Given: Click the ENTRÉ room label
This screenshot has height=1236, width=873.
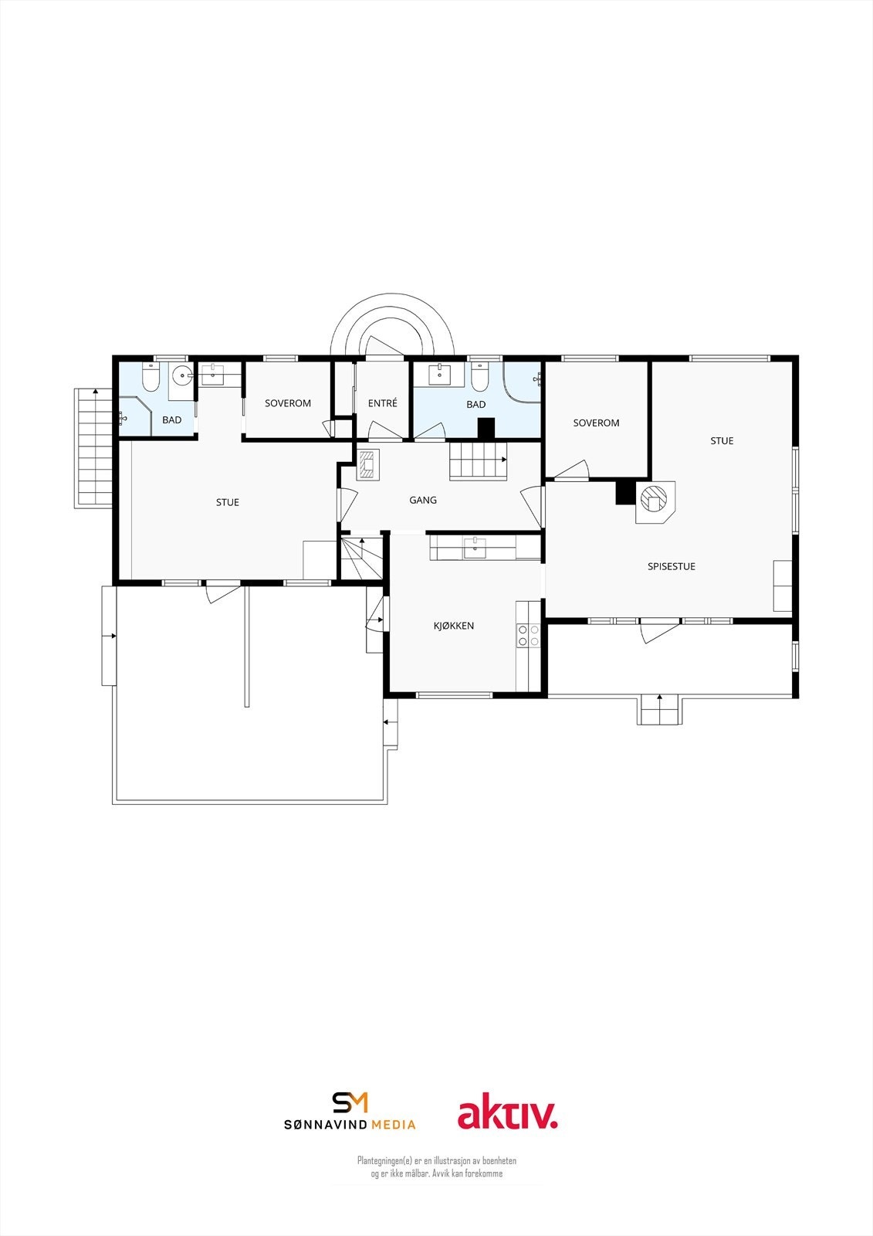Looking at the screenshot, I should (x=383, y=403).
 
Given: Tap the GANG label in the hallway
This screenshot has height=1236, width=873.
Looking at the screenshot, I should (x=423, y=501).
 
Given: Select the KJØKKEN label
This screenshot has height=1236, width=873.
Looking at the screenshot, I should (x=453, y=626).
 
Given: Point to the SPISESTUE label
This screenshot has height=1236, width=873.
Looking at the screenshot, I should (x=671, y=566).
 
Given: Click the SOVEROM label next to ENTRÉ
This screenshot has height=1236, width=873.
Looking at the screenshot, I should (x=288, y=403).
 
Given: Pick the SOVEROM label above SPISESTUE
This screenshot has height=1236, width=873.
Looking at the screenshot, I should (x=596, y=423).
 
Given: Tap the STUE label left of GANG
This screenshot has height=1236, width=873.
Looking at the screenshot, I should (x=228, y=502).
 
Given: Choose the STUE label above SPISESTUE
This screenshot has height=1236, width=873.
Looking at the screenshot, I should (x=722, y=441).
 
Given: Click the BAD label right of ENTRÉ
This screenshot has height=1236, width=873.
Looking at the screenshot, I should (x=476, y=405).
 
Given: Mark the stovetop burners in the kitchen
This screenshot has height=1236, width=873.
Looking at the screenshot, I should (x=529, y=636).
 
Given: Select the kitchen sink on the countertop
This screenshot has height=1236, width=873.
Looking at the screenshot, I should (x=475, y=548).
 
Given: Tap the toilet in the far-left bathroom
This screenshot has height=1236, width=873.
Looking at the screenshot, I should (x=151, y=379).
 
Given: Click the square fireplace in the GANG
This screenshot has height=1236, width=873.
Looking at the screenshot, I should (x=368, y=465).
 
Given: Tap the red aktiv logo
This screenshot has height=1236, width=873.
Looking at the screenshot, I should (x=507, y=1115).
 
